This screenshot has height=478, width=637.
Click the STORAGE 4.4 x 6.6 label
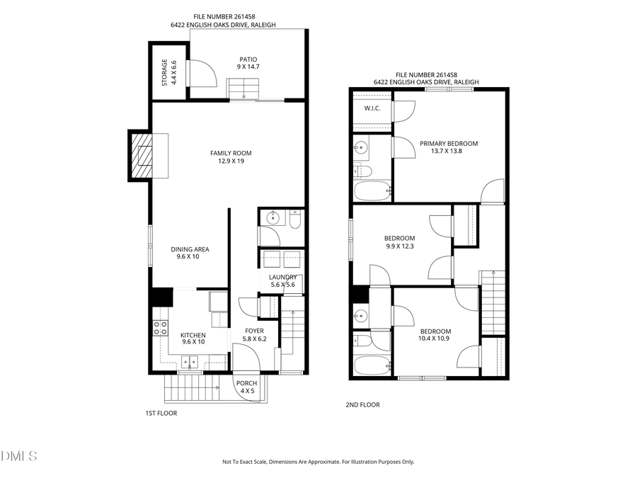pos(168,72)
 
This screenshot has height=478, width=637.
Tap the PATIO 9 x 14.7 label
pos(247,63)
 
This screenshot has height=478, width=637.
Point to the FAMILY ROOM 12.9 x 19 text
pos(231,157)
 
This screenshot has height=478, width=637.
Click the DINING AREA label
pos(190,253)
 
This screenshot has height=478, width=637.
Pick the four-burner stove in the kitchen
pos(161,327)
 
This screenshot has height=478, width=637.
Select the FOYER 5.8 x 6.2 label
pos(254,335)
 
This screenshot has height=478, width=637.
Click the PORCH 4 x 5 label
pos(246,387)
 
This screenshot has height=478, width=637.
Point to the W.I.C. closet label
pos(372,108)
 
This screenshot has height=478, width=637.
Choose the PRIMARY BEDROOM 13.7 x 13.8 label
pos(449,148)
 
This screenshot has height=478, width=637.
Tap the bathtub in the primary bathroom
pos(371,190)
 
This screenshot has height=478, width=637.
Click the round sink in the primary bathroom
pos(361,149)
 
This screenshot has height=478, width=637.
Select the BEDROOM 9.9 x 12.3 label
pos(400,242)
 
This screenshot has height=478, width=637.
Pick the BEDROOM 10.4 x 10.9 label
pos(435,335)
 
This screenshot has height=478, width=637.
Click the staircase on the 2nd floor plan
pos(491,302)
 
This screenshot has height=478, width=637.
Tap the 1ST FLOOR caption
pos(162,414)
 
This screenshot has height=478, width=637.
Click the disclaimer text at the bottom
pos(318,462)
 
